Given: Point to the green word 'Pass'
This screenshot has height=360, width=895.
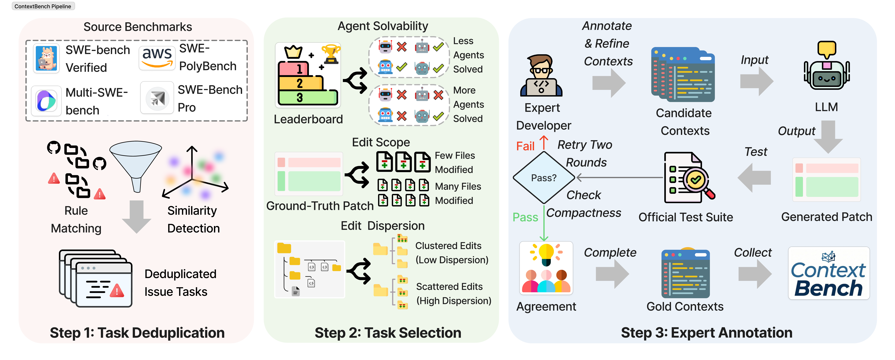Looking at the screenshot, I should click(x=525, y=217).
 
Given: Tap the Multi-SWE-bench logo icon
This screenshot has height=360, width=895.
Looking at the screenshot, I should click(x=46, y=101).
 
